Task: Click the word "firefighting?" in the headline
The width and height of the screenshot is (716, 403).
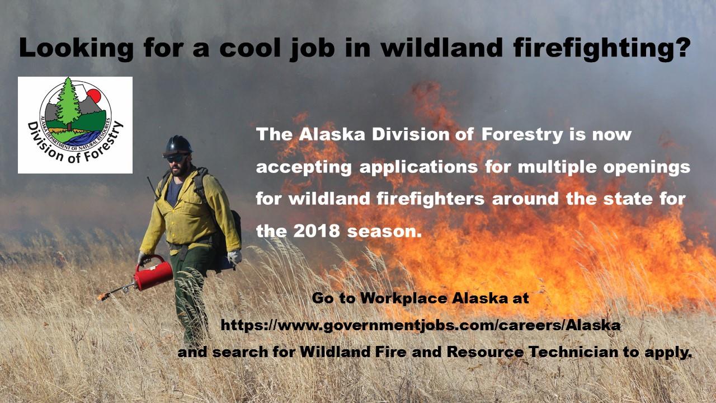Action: (x=602, y=48)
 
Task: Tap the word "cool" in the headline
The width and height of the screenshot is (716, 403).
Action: (x=249, y=48)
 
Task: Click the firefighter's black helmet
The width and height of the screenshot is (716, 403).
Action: (x=177, y=146)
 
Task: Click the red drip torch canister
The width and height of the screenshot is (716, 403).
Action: (x=153, y=274)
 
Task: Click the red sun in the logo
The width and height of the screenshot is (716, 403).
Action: (x=95, y=95)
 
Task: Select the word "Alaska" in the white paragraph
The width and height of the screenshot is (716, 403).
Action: (x=332, y=135)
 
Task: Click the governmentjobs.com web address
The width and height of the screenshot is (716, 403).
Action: (x=421, y=326)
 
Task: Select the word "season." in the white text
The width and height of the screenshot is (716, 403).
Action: (x=384, y=231)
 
